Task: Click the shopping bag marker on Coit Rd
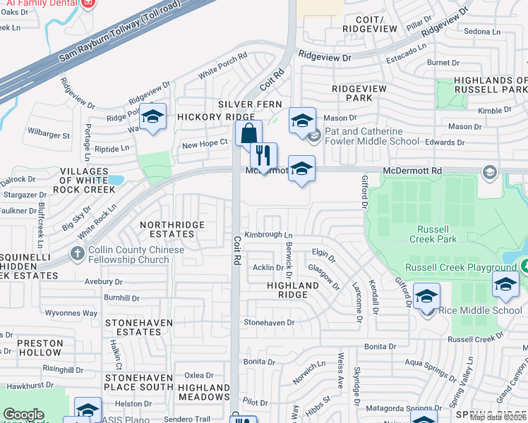point(248,133)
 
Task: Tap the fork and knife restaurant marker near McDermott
point(263,156)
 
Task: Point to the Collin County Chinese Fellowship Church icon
point(77,253)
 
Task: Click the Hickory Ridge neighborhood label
point(205,117)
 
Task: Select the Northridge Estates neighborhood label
point(172,230)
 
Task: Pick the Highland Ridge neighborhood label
point(293,290)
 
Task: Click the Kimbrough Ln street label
point(268,235)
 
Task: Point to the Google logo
point(24,414)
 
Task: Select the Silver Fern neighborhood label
point(250,104)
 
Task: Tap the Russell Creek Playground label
point(460,268)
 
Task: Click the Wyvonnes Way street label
point(71,313)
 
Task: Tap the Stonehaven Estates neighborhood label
point(139,326)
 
